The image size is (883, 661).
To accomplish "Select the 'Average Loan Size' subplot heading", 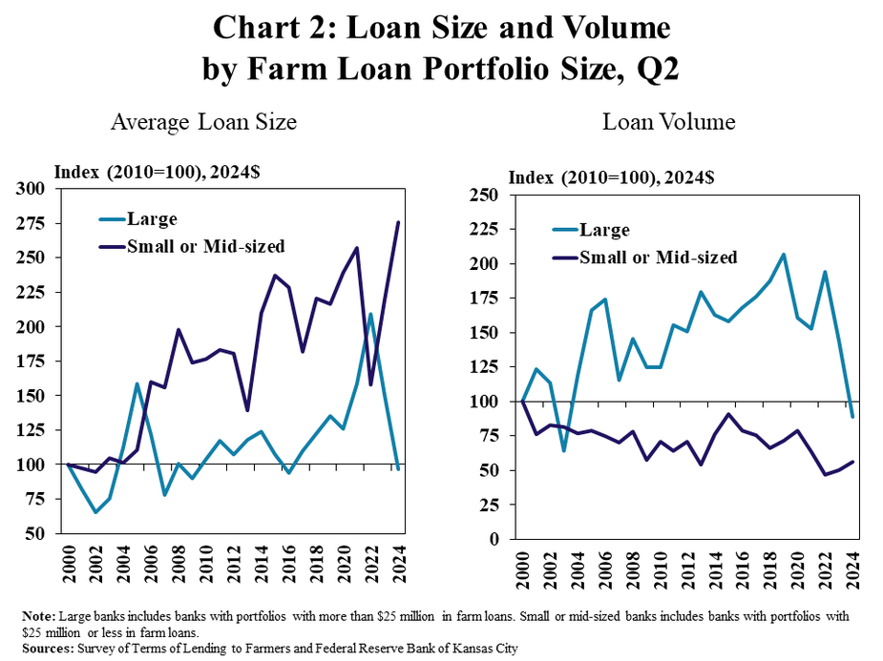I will (x=203, y=123).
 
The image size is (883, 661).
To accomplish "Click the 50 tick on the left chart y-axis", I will (x=36, y=533).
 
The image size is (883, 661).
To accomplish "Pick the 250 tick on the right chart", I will (x=487, y=196).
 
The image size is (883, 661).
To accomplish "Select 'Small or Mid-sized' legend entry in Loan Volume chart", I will (x=659, y=257).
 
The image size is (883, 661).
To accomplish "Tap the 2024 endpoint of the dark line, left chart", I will (x=398, y=222).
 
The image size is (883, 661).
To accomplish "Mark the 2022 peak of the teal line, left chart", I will (x=370, y=314).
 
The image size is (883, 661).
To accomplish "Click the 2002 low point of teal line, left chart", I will (x=95, y=512).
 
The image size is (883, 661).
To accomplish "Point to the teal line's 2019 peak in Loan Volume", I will (x=784, y=255).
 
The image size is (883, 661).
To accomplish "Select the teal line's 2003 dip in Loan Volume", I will (x=562, y=450).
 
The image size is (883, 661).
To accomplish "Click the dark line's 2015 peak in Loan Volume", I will (x=728, y=414).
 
